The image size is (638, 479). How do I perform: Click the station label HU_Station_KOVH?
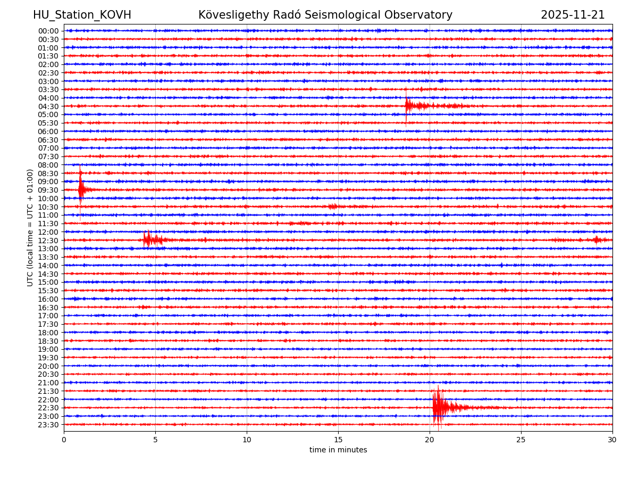click(x=82, y=15)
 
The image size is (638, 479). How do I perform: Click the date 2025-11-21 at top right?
click(x=573, y=15)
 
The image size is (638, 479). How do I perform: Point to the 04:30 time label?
click(x=48, y=106)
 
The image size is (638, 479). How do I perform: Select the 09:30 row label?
click(x=48, y=190)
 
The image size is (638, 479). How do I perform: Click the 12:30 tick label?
click(x=48, y=241)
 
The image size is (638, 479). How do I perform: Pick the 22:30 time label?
click(x=48, y=408)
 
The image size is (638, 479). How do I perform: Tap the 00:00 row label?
click(x=48, y=31)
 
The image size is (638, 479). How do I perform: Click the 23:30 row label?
click(x=48, y=425)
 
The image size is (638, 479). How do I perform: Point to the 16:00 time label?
click(x=48, y=299)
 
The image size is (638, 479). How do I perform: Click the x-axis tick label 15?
click(x=338, y=440)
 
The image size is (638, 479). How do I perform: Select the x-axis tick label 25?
click(x=521, y=440)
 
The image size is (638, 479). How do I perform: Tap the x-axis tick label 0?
click(x=64, y=440)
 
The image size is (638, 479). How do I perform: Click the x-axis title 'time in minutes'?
click(x=338, y=450)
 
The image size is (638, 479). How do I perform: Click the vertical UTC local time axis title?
click(x=30, y=227)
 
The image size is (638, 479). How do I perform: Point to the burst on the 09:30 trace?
click(x=81, y=189)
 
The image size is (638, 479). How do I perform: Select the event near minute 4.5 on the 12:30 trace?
click(x=148, y=240)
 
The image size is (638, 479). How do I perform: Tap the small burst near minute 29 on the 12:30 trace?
click(x=596, y=240)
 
